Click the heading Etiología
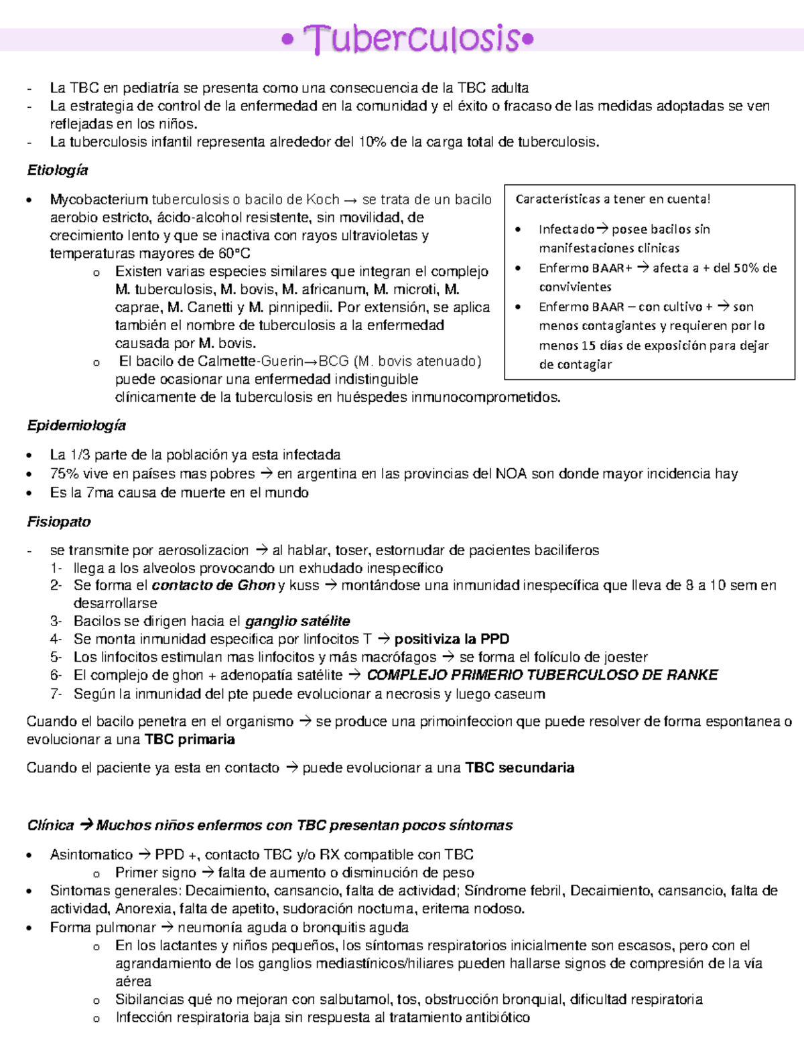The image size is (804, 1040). [58, 170]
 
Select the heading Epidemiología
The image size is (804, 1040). [76, 425]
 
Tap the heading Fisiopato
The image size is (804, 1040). [59, 522]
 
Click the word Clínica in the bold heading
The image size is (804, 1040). [50, 825]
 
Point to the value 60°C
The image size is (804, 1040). [234, 253]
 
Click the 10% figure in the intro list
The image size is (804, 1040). [372, 142]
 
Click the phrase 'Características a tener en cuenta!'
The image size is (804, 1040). [612, 199]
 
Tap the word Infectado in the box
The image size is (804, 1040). [566, 229]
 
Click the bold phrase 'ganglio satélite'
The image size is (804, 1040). [297, 621]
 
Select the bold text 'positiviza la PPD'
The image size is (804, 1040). [452, 639]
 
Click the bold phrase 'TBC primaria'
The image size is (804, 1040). [190, 739]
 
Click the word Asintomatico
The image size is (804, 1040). [91, 855]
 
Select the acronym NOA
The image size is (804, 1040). [511, 473]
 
